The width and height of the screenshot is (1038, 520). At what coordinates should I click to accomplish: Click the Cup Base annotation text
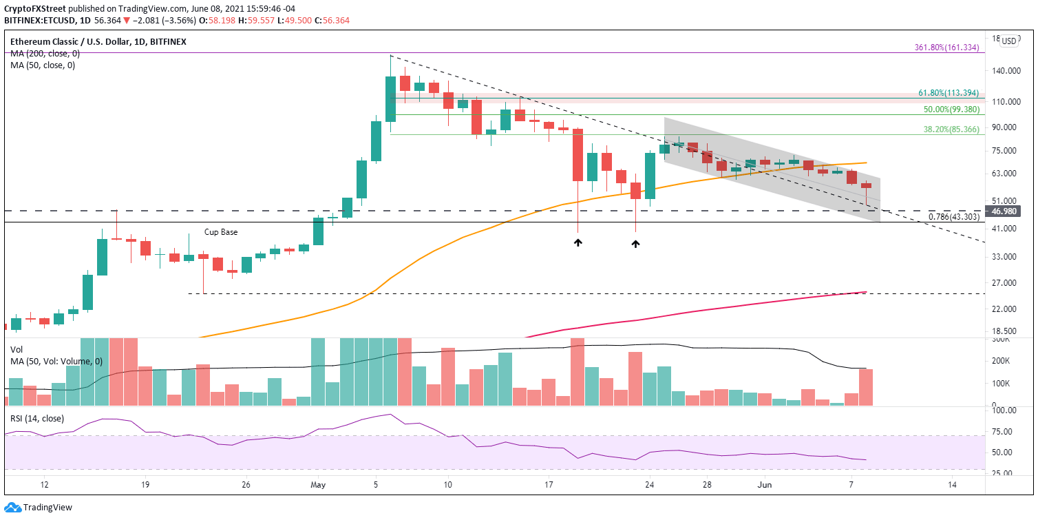coord(221,232)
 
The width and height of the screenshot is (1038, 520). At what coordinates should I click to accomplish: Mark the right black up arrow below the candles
coord(635,243)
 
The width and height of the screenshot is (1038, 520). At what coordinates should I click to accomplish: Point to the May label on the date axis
coord(317,485)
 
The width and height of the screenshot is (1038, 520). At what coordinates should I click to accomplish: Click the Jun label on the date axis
coord(764,485)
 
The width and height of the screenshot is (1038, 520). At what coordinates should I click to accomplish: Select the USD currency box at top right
coord(1008,41)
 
